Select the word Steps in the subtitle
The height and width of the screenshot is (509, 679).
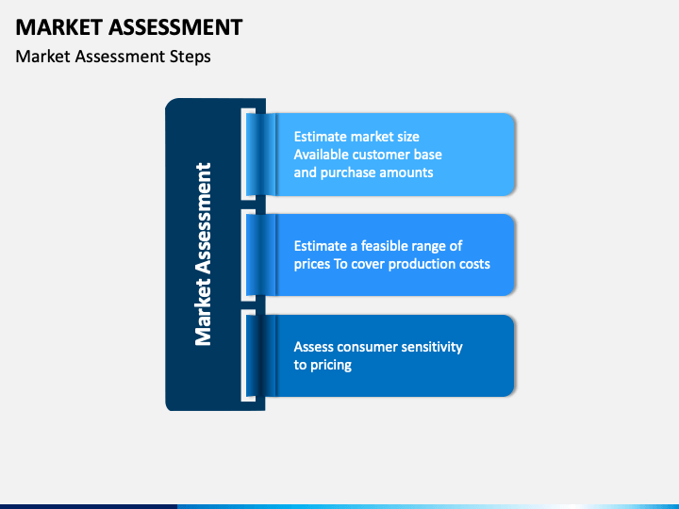click(x=190, y=57)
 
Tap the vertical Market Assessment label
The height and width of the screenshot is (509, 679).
click(x=203, y=254)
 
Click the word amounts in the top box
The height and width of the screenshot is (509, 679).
click(x=406, y=172)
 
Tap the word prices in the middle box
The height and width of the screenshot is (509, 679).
click(x=312, y=264)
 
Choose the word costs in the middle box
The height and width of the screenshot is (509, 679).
click(x=473, y=264)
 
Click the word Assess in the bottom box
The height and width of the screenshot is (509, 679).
click(x=315, y=347)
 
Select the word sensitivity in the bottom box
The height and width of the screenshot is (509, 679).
click(x=432, y=347)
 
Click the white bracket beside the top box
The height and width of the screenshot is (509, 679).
click(x=247, y=154)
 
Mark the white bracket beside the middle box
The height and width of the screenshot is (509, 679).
click(x=247, y=254)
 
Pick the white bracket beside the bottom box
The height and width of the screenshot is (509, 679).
click(x=247, y=355)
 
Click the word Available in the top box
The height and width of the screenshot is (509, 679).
click(x=322, y=155)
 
